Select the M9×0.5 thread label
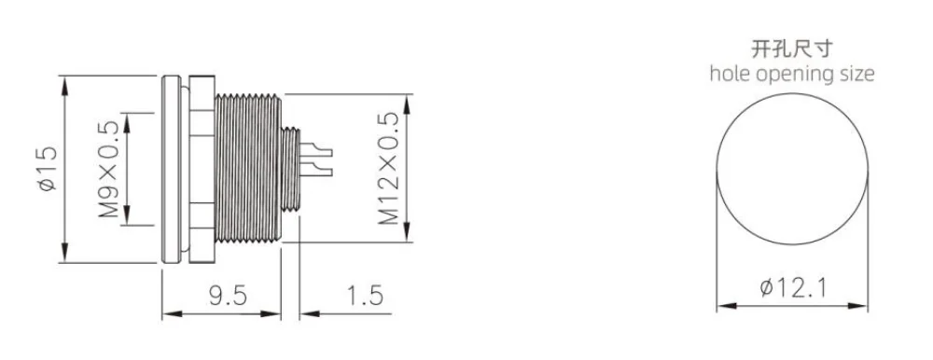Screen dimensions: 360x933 109,169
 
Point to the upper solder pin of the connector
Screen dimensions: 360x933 319,147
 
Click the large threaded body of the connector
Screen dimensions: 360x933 247,169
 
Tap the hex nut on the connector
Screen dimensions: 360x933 199,169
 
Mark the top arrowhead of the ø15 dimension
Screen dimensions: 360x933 66,82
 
